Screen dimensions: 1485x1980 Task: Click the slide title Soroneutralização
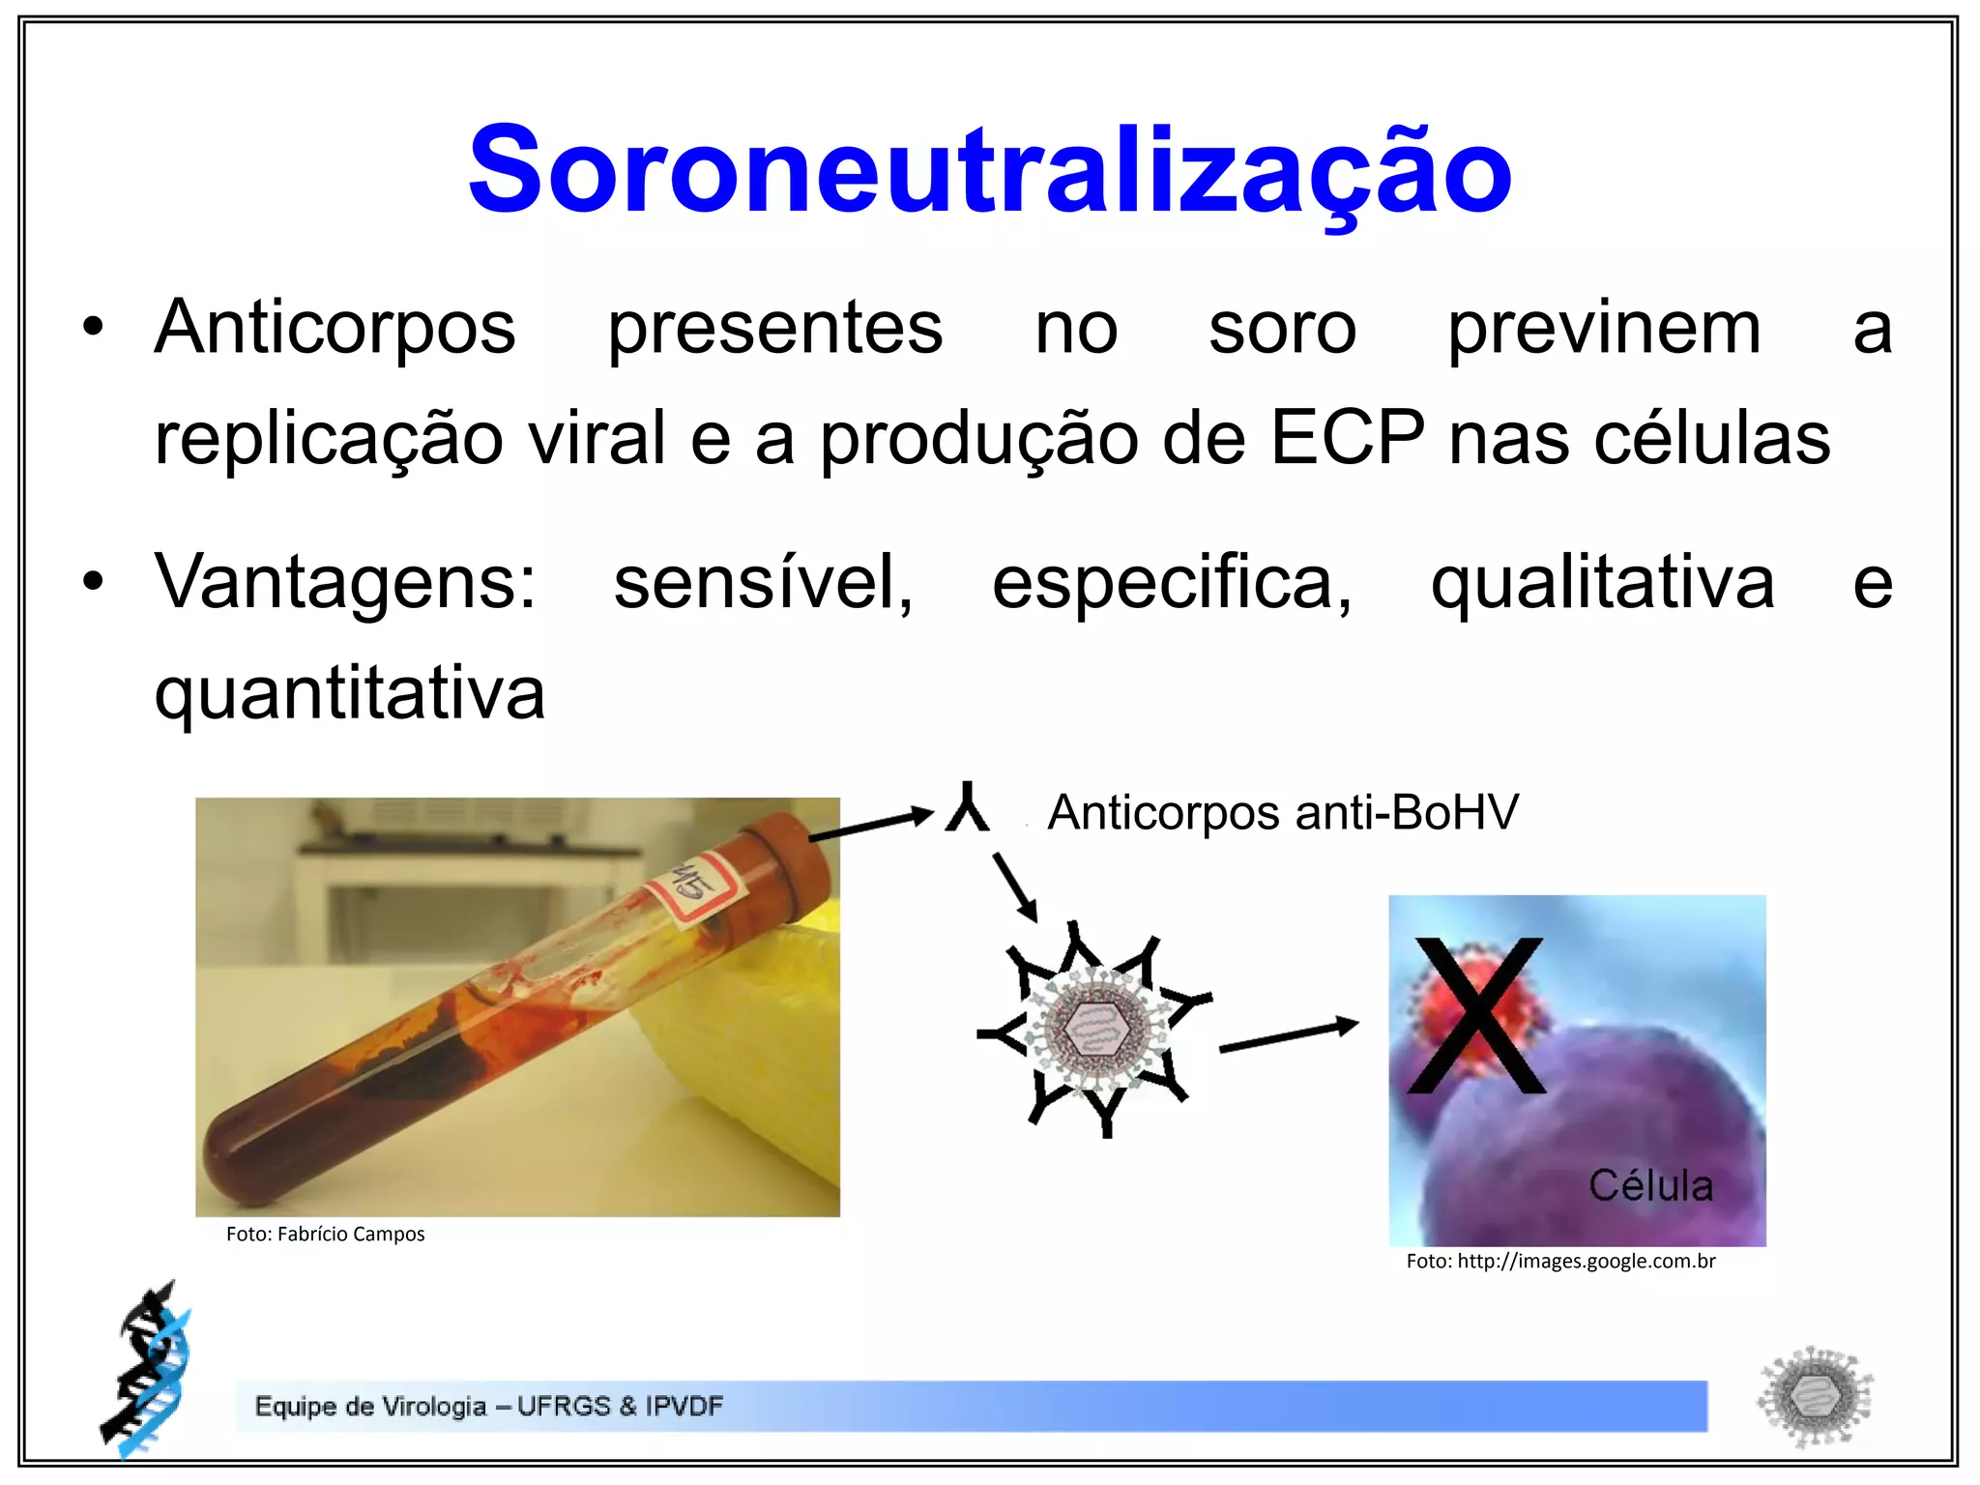pyautogui.click(x=989, y=170)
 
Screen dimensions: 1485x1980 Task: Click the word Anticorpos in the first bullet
pyautogui.click(x=335, y=329)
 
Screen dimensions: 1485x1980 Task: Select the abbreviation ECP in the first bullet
pyautogui.click(x=1347, y=438)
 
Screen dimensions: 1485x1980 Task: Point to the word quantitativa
pyautogui.click(x=350, y=693)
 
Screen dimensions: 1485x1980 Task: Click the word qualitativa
pyautogui.click(x=1602, y=582)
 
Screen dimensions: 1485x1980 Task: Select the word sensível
pyautogui.click(x=763, y=582)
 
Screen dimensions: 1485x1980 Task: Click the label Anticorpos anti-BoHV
pyautogui.click(x=1283, y=812)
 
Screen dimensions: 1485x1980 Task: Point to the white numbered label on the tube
pyautogui.click(x=694, y=888)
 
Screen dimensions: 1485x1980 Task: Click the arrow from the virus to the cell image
pyautogui.click(x=1289, y=1035)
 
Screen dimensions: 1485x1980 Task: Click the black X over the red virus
pyautogui.click(x=1476, y=1015)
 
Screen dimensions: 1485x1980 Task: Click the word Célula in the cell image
pyautogui.click(x=1650, y=1185)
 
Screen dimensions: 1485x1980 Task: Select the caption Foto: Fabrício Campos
pyautogui.click(x=326, y=1235)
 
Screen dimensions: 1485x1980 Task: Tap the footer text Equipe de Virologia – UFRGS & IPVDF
pyautogui.click(x=488, y=1406)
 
